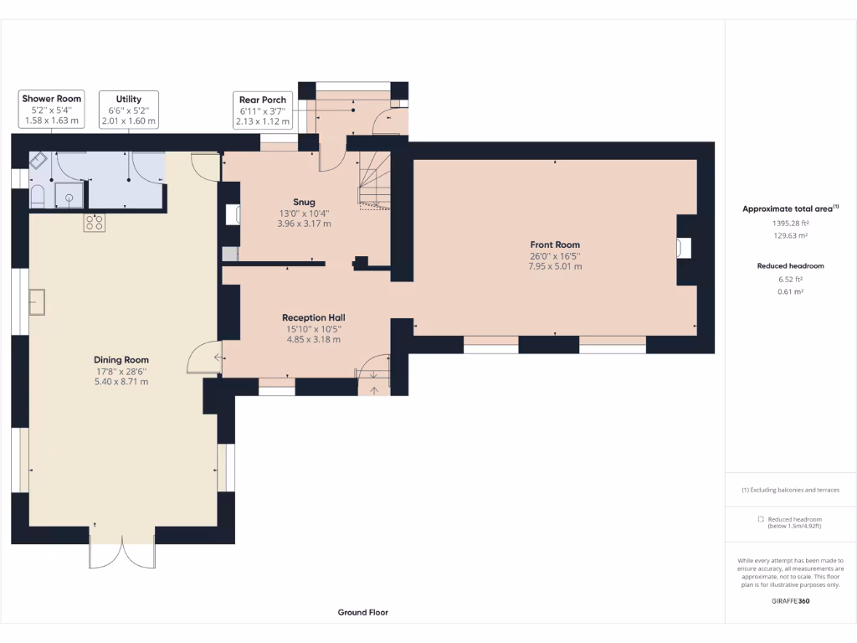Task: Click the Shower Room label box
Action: pyautogui.click(x=52, y=110)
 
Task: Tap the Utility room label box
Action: pyautogui.click(x=129, y=110)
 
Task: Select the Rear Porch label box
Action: pyautogui.click(x=262, y=111)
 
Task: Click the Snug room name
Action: pyautogui.click(x=304, y=201)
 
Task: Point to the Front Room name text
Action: pyautogui.click(x=554, y=244)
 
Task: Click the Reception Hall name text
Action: pyautogui.click(x=313, y=317)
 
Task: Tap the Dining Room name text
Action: pyautogui.click(x=121, y=359)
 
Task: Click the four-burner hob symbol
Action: pyautogui.click(x=94, y=222)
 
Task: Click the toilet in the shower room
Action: pyautogui.click(x=37, y=197)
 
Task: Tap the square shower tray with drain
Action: pyautogui.click(x=70, y=198)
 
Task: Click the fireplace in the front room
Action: pyautogui.click(x=684, y=248)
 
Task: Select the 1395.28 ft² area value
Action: pyautogui.click(x=790, y=224)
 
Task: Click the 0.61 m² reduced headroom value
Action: pyautogui.click(x=790, y=291)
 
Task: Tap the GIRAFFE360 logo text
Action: pyautogui.click(x=790, y=600)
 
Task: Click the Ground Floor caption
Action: pyautogui.click(x=362, y=612)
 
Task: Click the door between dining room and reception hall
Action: pyautogui.click(x=204, y=360)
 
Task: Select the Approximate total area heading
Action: pyautogui.click(x=790, y=208)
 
